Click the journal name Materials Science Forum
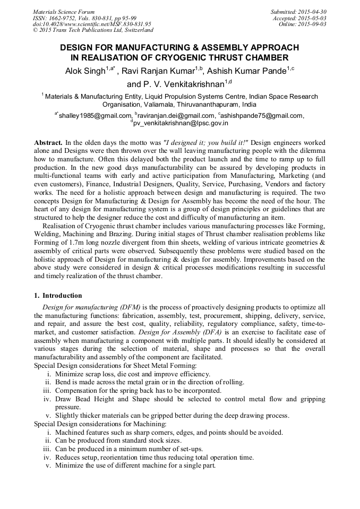coord(64,11)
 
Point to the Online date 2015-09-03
coord(313,24)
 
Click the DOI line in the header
coord(92,24)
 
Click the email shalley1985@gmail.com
coord(95,115)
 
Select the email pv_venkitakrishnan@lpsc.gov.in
coord(181,123)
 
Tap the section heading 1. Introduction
coord(58,295)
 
